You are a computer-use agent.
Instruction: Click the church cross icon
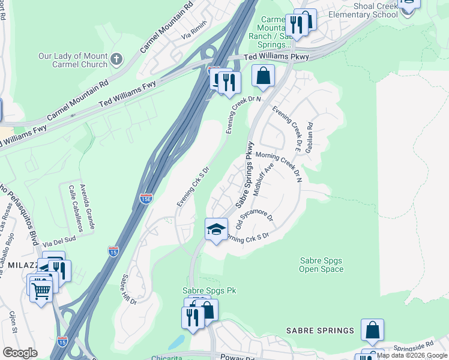[x=116, y=59]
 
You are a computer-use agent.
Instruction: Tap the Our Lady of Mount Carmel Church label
[x=73, y=60]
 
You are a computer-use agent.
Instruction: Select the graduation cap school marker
[x=216, y=229]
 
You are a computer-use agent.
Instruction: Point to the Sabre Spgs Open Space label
[x=321, y=265]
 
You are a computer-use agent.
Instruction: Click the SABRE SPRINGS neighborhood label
[x=320, y=331]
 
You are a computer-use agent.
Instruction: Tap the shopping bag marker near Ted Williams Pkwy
[x=263, y=76]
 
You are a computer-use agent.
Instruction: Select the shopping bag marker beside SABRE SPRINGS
[x=372, y=329]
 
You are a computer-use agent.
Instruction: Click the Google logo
[x=20, y=352]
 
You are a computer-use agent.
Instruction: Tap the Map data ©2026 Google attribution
[x=412, y=356]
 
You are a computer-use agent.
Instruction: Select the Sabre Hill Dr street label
[x=129, y=289]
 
